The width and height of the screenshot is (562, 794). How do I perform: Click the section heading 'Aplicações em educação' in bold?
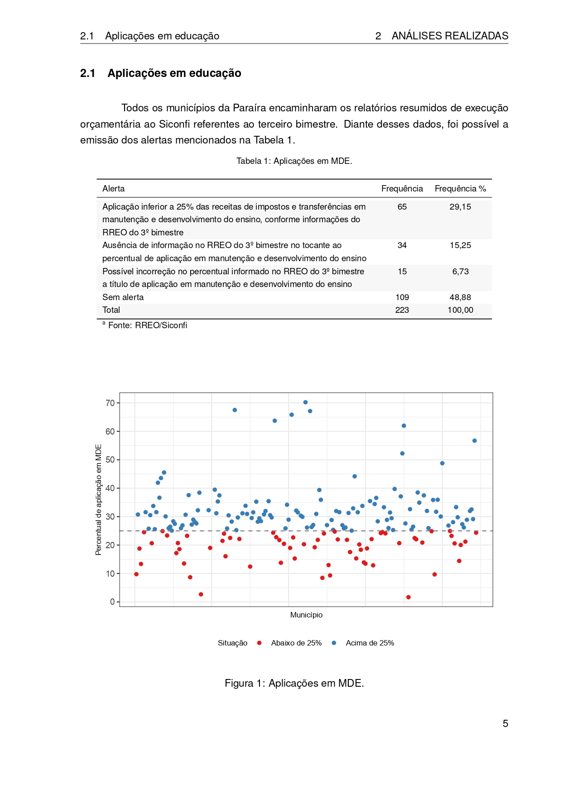pos(174,73)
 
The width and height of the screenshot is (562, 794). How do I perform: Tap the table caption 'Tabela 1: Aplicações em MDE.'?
pos(294,161)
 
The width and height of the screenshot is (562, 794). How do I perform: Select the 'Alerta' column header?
pos(113,189)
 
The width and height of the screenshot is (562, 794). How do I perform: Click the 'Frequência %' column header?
pos(460,189)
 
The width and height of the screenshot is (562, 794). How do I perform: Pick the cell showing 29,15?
pos(460,207)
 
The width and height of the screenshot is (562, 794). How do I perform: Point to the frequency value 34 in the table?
pos(402,245)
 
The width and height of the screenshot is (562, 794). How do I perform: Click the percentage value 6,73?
pos(460,272)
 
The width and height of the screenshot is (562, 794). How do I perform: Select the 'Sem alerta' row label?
pos(123,297)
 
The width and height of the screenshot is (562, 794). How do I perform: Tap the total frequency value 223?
pos(402,310)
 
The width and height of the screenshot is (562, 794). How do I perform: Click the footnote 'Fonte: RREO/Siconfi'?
pos(147,325)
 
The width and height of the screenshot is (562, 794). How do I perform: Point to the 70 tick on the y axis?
pos(110,403)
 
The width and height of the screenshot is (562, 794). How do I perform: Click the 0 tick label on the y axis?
pos(112,602)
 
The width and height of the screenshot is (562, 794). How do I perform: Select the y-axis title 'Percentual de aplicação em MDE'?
pos(99,500)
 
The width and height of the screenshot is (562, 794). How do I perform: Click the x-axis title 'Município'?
pos(306,615)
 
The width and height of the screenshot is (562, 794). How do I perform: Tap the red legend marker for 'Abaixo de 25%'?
pos(259,643)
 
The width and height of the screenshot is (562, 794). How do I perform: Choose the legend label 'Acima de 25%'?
pos(370,643)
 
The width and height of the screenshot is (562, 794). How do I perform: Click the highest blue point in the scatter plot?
pos(305,402)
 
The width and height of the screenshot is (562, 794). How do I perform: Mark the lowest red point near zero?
pos(408,597)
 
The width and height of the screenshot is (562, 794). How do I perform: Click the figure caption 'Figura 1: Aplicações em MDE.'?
pos(294,683)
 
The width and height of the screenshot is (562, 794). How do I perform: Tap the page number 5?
pos(505,723)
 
